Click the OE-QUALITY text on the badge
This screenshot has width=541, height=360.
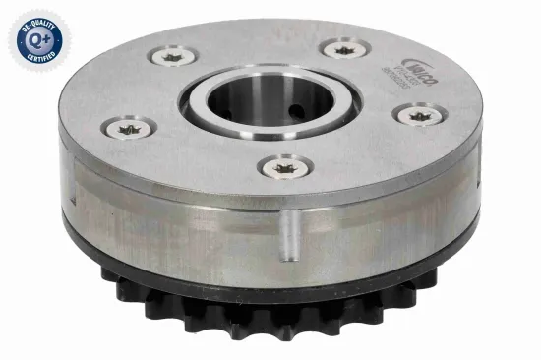pos(35,19)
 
